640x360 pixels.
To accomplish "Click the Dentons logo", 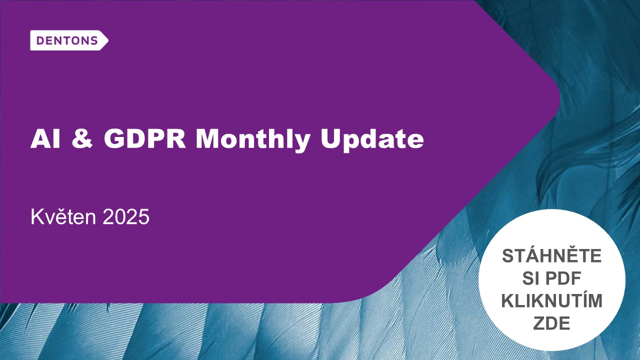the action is (69, 40).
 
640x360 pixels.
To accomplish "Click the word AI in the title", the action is (45, 139).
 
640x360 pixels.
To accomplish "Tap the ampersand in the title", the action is (82, 139).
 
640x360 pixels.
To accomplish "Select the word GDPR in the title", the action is (145, 139).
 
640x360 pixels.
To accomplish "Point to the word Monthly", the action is (253, 140).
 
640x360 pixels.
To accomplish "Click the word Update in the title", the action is (372, 140).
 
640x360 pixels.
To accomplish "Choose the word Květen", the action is (63, 217).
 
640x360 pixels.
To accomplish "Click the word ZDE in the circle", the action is (551, 323).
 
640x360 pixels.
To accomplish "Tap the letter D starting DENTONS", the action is (40, 41).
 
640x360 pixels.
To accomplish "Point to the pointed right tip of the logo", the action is (108, 40).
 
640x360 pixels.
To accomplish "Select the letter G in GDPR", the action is (113, 139).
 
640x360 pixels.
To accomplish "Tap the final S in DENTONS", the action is (93, 41).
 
